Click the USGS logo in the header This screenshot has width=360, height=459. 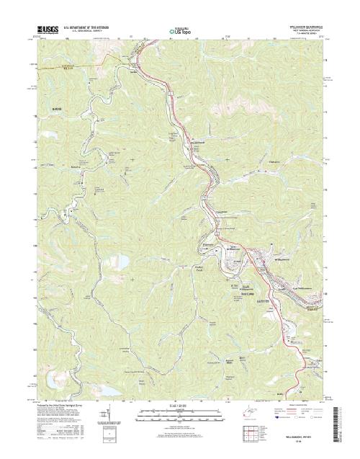coord(43,30)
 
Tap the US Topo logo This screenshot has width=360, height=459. coord(179,32)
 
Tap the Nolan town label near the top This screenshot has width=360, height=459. coord(133,70)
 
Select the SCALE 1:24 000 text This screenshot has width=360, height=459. coord(179,404)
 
